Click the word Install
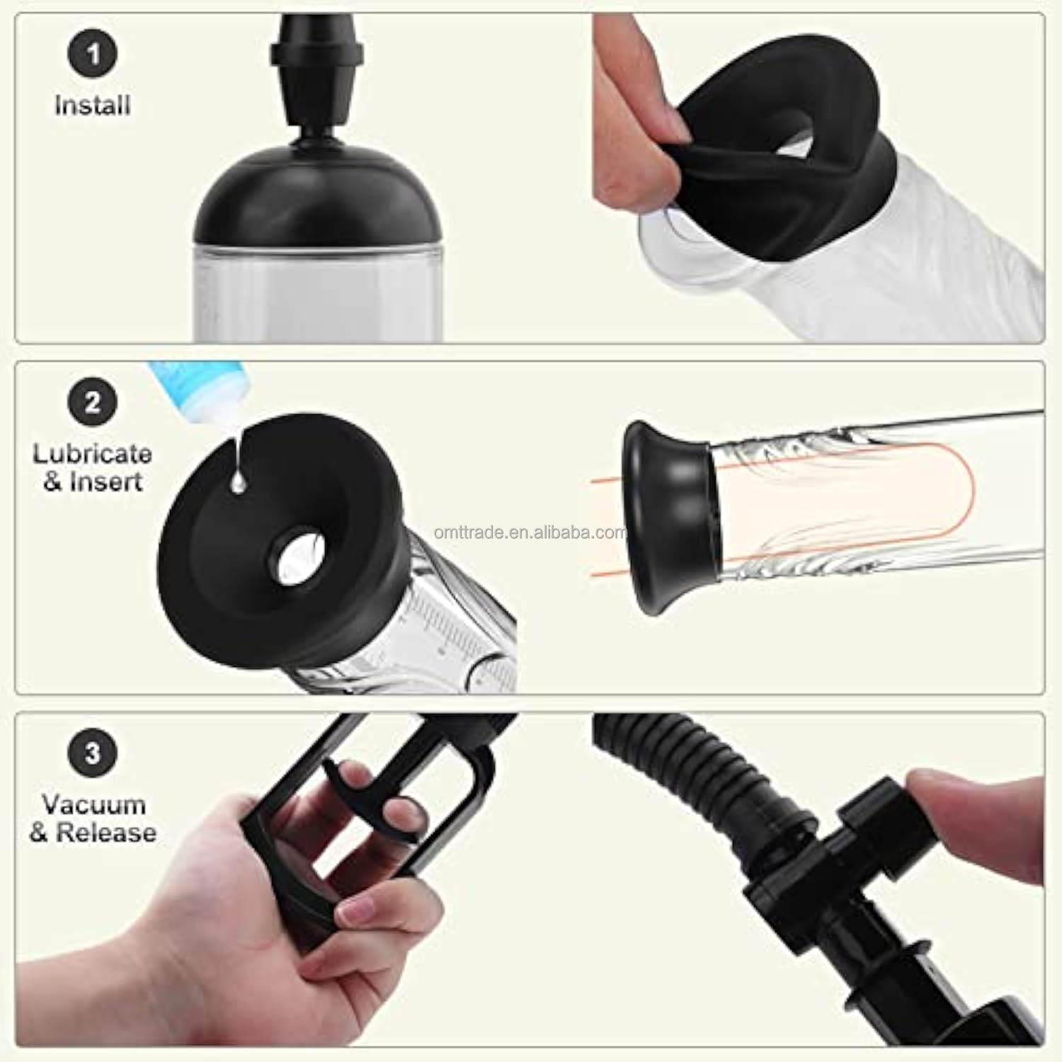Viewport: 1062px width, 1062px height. pos(93,105)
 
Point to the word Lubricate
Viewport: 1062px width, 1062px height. pos(93,454)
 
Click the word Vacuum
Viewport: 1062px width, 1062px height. pos(93,804)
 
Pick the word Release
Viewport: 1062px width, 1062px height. pos(106,833)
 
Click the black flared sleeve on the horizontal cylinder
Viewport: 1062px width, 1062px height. pos(666,517)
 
